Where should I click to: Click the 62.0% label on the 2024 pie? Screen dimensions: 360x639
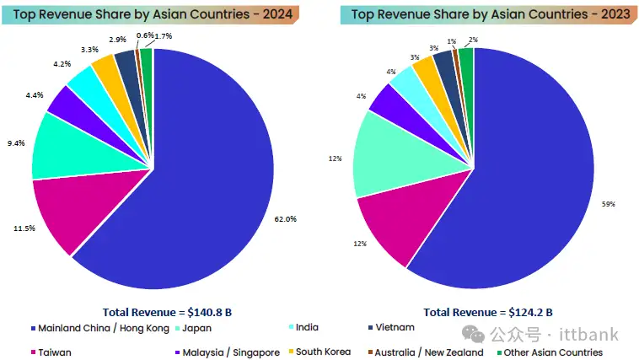286,218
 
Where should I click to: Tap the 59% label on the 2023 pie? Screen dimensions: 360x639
608,204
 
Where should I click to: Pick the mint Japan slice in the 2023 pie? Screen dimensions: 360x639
384,156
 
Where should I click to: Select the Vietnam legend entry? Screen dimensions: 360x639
394,327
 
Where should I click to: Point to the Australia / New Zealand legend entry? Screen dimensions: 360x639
426,352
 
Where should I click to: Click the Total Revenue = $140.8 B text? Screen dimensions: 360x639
166,312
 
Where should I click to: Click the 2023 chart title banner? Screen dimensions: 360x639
485,14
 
